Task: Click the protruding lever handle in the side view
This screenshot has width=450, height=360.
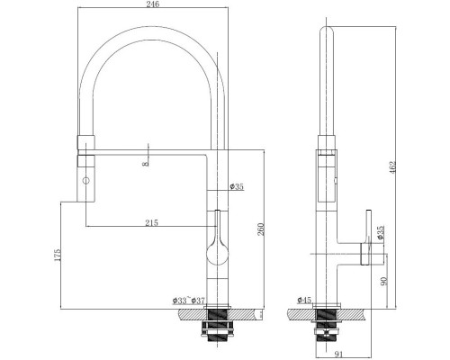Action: pos(370,255)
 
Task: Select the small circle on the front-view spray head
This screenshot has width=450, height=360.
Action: pos(87,181)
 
